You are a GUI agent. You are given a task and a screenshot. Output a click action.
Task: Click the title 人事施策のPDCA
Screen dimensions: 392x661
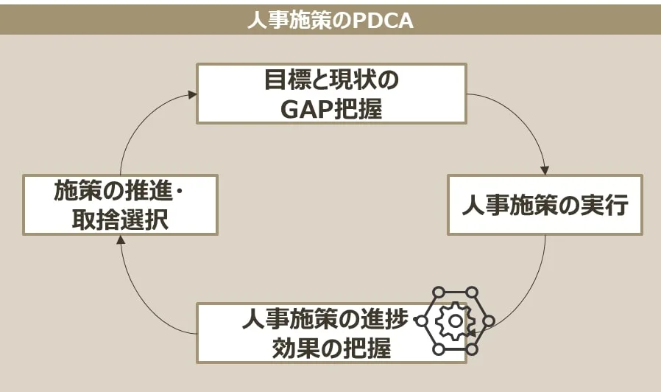coord(330,20)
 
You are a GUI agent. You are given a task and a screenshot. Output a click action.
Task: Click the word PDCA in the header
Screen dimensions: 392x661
coord(383,20)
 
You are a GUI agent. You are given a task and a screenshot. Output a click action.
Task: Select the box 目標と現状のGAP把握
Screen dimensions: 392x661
coord(331,93)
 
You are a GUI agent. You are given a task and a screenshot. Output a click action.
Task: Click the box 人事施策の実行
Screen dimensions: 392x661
coord(545,204)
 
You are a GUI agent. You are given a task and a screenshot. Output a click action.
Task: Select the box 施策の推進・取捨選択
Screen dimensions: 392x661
coord(120,204)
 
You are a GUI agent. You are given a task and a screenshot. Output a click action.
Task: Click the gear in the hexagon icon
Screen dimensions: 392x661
coord(455,321)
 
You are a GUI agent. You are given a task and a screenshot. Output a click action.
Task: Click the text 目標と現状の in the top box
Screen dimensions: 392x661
coord(331,80)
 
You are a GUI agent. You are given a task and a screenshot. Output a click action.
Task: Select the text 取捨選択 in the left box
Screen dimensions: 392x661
coord(120,220)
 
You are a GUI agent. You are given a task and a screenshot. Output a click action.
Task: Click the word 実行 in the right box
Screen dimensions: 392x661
coord(609,205)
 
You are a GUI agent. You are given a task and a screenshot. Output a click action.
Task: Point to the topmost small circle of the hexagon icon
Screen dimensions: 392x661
coord(472,293)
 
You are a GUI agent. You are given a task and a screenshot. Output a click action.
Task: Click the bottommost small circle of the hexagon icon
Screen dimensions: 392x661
coord(472,349)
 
